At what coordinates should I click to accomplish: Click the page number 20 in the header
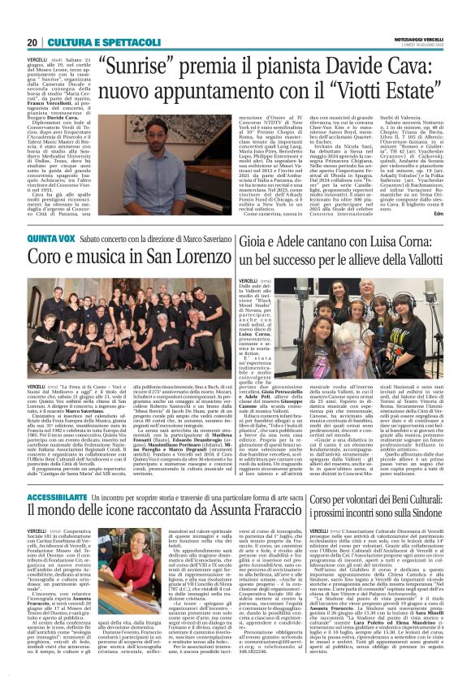[33, 19]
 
